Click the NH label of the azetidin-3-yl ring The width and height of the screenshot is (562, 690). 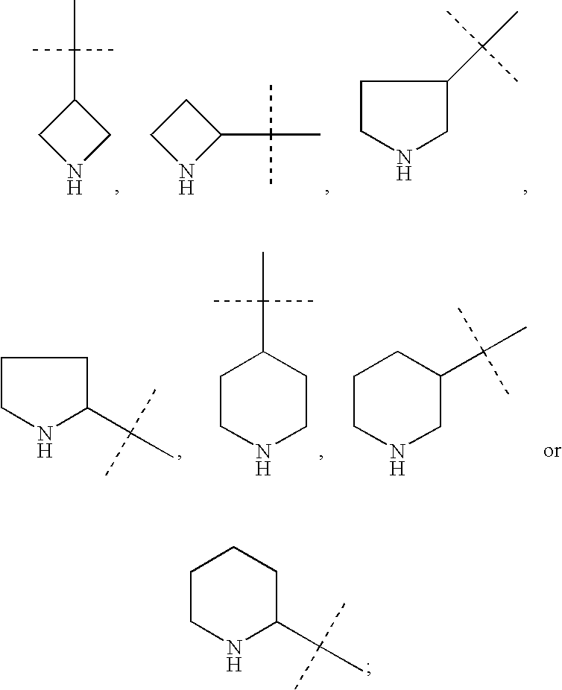(75, 180)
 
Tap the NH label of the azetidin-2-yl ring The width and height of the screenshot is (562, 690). (187, 180)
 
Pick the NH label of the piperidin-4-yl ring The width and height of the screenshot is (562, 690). (263, 460)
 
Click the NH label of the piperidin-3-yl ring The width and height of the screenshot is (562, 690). (398, 460)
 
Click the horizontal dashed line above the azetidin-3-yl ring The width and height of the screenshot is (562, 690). (52, 50)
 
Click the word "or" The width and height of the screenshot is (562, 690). (551, 452)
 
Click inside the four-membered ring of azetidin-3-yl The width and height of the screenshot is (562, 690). (75, 135)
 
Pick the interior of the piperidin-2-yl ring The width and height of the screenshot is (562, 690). (234, 596)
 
